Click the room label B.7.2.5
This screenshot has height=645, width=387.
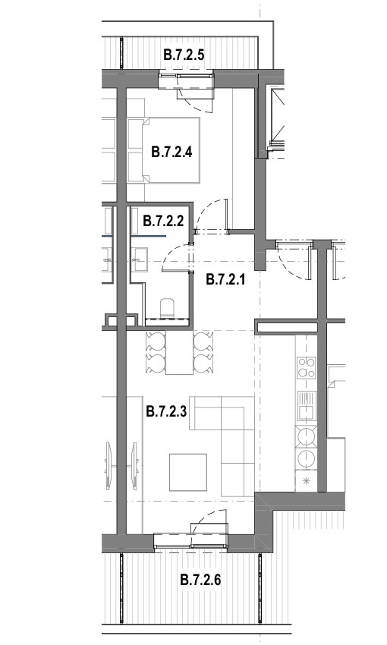(x=183, y=55)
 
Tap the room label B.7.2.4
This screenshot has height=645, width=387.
(x=171, y=151)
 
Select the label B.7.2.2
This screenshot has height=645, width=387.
(x=163, y=222)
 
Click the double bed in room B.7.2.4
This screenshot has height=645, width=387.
(x=172, y=150)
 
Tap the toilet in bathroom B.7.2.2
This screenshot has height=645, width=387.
(x=168, y=307)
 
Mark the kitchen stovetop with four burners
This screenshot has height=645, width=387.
(x=307, y=370)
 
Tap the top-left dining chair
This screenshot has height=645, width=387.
(x=154, y=339)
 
